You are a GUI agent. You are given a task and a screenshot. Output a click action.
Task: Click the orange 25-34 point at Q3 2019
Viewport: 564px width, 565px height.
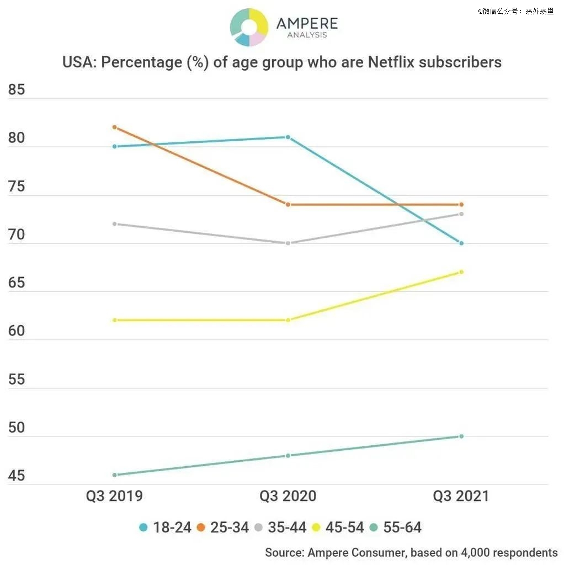click(114, 127)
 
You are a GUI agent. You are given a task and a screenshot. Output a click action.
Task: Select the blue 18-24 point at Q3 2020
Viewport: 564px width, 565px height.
click(288, 137)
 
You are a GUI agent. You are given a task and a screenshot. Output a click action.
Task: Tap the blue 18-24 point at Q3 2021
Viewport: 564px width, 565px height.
click(461, 243)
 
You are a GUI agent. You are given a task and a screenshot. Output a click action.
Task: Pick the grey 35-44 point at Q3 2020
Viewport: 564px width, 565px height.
click(288, 243)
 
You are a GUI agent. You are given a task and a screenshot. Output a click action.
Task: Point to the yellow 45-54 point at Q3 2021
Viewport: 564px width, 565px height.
click(461, 271)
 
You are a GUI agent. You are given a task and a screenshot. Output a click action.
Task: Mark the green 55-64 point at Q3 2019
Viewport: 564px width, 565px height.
click(114, 475)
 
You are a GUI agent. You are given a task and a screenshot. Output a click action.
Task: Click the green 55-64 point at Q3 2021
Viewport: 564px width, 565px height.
click(461, 436)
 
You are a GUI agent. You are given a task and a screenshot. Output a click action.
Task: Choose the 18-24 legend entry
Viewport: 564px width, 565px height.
click(165, 527)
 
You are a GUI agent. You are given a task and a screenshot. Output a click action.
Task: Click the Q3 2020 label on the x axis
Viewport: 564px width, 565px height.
click(288, 496)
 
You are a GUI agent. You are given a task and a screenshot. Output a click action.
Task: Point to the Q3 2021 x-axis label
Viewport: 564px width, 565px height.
click(461, 496)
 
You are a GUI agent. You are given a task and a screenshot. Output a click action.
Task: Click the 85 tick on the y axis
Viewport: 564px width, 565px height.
click(17, 89)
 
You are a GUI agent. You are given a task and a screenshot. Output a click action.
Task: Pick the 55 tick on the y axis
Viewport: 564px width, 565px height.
click(17, 379)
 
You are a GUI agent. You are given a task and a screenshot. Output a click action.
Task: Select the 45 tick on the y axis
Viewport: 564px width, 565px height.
click(17, 476)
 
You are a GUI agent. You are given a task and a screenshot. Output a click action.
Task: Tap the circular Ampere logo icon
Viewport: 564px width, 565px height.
click(249, 27)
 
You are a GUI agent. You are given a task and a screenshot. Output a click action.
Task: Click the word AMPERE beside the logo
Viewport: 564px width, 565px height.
click(307, 24)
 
